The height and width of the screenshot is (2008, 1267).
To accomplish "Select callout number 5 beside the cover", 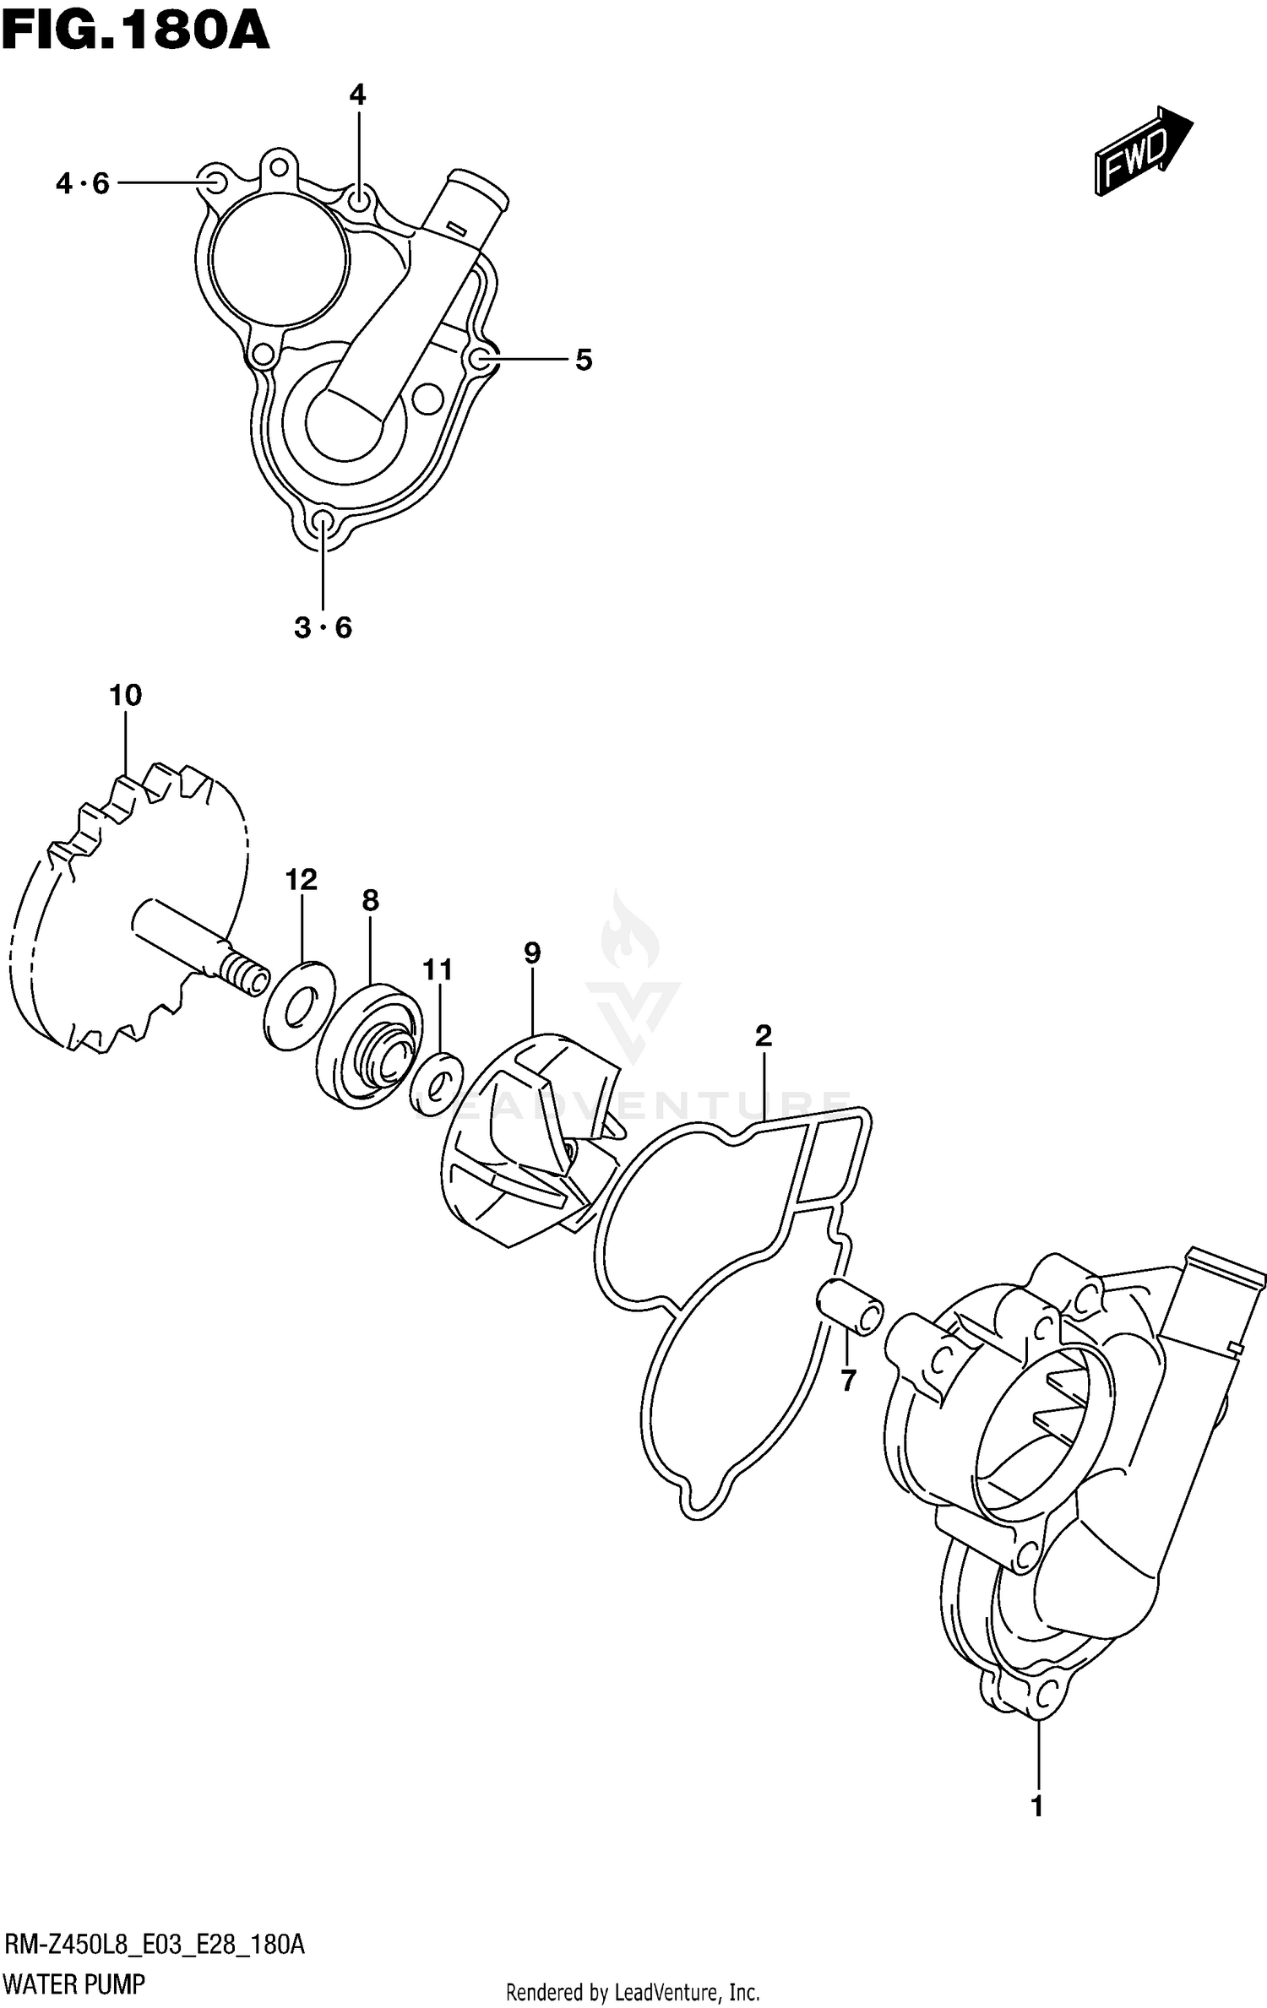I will (584, 361).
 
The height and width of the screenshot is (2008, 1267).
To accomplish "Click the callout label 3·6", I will (323, 627).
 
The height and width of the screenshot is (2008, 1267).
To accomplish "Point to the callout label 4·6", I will (83, 183).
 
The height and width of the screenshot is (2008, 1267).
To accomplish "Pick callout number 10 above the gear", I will (125, 696).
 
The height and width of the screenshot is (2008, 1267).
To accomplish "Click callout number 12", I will (301, 880).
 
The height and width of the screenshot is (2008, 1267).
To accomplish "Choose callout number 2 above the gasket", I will (764, 1035).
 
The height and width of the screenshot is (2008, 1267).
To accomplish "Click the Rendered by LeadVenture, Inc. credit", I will (633, 1986).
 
